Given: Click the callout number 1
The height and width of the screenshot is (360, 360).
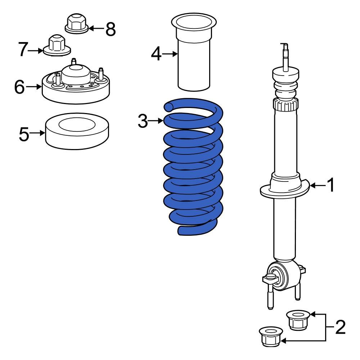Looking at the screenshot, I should click(330, 185).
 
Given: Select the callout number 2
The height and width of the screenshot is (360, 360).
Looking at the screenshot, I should click(340, 327).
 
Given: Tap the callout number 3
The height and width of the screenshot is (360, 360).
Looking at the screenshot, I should click(143, 121).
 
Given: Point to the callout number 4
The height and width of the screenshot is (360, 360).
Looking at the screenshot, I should click(156, 54).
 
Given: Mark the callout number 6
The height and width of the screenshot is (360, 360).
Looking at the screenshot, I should click(19, 87).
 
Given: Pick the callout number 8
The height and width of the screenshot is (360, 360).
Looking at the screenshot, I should click(111, 29).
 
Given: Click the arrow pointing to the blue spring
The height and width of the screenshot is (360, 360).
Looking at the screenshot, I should click(156, 121).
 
